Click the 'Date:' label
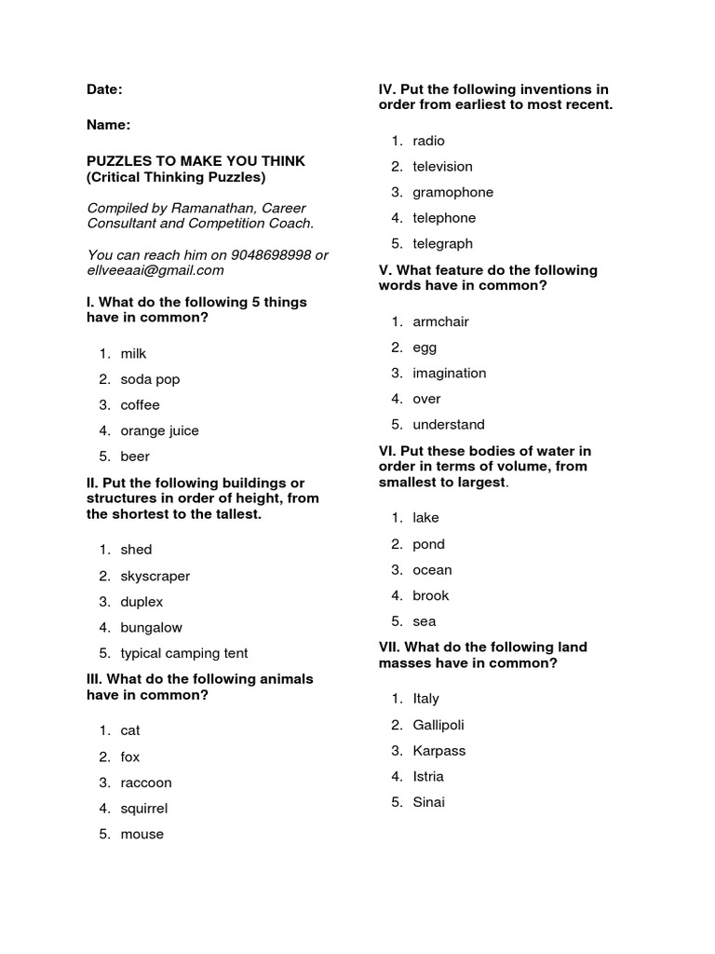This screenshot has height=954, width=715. pos(104,89)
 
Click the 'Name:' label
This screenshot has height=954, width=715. pos(108,125)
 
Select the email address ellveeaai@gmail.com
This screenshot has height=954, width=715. pos(155,270)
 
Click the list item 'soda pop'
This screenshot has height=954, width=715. pos(150,379)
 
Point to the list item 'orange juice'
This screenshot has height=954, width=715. pos(159,430)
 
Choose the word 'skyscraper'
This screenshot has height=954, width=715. pos(155,576)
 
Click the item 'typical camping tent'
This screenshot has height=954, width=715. pos(183,653)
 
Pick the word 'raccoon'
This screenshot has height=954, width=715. pos(146,783)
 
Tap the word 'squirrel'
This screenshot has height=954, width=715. pos(143,809)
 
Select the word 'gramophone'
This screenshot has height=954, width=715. pos(452,192)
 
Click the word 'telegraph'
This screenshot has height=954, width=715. pos(442,244)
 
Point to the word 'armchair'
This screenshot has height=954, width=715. pos(440,321)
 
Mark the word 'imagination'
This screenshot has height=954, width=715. pos(449,373)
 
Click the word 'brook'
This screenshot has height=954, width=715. pos(430,595)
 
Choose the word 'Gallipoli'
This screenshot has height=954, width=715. pos(438,725)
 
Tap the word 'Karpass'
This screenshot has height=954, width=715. pos(438,751)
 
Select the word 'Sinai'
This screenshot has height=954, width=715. pos(428,802)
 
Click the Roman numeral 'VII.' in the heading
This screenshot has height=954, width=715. pos(389,647)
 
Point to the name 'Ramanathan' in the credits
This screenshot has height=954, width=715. pos(202,208)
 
